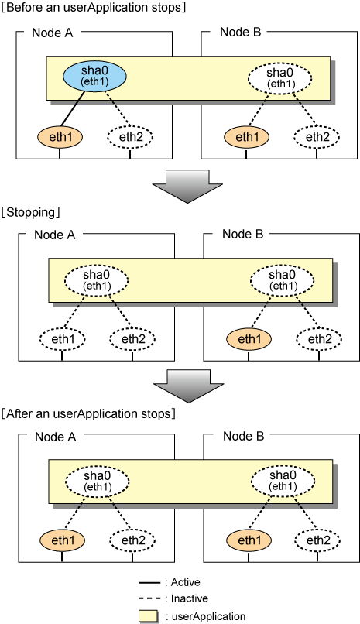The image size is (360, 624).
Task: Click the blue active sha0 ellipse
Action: [94, 76]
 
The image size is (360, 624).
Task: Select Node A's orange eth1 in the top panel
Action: [60, 137]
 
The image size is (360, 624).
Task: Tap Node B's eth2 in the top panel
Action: [317, 137]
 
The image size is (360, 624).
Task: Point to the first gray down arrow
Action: [187, 187]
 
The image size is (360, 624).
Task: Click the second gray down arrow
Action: [189, 386]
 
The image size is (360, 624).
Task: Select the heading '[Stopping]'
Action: [30, 212]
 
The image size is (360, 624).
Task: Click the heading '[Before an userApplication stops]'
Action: [94, 7]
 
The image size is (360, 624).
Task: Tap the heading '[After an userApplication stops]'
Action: [88, 414]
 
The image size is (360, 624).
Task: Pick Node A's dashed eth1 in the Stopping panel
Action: [62, 339]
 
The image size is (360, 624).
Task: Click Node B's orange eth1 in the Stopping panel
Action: [249, 339]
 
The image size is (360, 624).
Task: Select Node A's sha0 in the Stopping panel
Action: [97, 280]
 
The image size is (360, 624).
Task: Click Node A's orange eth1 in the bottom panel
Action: [62, 540]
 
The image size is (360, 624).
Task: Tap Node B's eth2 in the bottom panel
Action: [317, 540]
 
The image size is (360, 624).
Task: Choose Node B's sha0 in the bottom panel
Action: [283, 481]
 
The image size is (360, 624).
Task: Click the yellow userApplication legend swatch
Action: [149, 615]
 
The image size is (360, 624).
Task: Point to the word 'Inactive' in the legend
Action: [189, 598]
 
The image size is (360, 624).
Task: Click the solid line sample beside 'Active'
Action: [149, 583]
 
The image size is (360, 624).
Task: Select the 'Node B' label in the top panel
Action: [240, 32]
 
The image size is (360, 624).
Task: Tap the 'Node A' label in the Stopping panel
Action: [54, 235]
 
